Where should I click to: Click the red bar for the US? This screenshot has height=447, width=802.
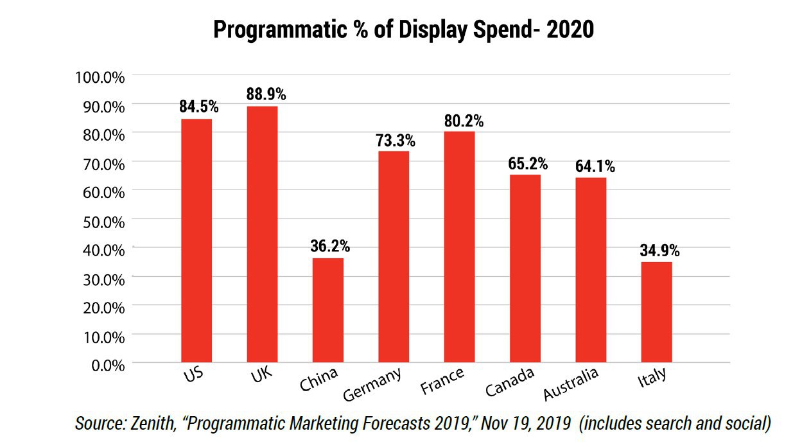pos(196,241)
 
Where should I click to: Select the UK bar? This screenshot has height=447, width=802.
pos(262,234)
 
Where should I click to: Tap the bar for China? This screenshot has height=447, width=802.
pos(328,310)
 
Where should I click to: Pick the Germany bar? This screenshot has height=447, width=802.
pos(394,257)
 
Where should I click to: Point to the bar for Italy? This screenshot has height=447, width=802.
pos(657,312)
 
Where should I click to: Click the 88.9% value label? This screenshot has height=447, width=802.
pos(266,94)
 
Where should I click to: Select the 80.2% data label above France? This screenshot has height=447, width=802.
pos(464,121)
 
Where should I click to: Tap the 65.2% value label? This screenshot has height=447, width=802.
pos(528,164)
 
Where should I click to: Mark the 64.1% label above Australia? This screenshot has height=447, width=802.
pos(595,166)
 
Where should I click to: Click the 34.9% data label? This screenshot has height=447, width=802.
pos(659,250)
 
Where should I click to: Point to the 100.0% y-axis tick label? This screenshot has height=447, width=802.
pos(100,77)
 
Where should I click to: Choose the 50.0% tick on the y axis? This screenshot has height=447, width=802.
pos(104,222)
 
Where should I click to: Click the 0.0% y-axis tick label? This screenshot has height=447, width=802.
pos(108,365)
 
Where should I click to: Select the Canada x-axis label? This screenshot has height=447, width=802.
pos(510,381)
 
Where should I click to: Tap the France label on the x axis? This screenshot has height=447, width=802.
pos(442,381)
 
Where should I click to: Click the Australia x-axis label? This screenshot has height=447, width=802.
pos(571,383)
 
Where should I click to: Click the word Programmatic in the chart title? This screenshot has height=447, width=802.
pos(281,30)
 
